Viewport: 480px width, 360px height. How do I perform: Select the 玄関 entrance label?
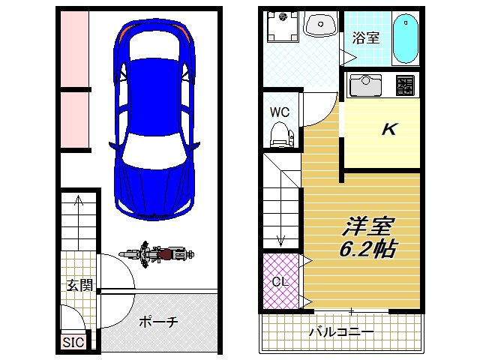click(x=79, y=285)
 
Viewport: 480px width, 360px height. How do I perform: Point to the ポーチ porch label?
click(x=159, y=322)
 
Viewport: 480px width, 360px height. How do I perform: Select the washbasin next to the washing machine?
click(x=320, y=25)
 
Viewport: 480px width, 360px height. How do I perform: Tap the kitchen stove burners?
click(x=405, y=85)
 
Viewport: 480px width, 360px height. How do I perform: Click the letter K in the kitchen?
click(x=388, y=129)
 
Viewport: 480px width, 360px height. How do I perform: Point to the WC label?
click(x=280, y=112)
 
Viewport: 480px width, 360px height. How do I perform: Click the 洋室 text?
click(x=370, y=226)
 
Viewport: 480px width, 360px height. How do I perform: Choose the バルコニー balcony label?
click(x=341, y=331)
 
